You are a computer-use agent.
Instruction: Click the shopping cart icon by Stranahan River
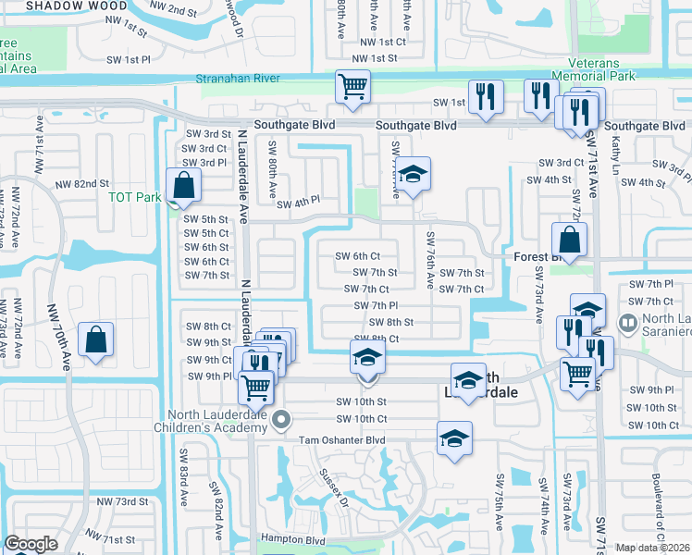[352, 87]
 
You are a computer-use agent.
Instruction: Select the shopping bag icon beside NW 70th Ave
[96, 339]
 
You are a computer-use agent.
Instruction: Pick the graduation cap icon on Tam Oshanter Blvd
[454, 438]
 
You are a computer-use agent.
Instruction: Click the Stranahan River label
[239, 80]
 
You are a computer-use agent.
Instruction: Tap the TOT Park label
[134, 197]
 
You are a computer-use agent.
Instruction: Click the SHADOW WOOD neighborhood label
[63, 6]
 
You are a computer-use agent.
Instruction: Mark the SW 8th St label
[390, 322]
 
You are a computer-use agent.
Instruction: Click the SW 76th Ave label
[431, 262]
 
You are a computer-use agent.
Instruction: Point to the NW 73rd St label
[122, 501]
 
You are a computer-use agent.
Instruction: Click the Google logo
[31, 544]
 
